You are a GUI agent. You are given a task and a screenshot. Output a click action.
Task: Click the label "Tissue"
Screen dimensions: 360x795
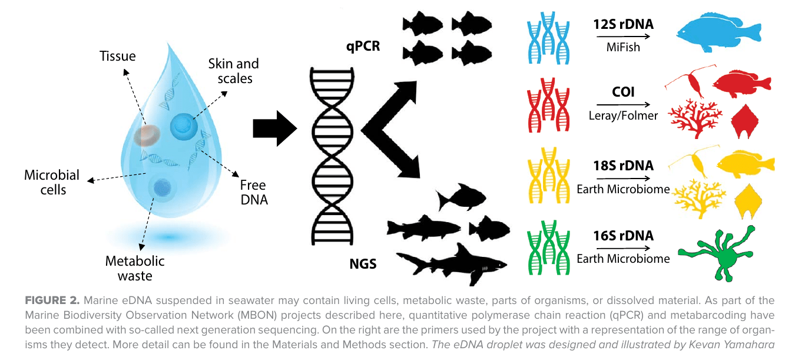tap(118, 57)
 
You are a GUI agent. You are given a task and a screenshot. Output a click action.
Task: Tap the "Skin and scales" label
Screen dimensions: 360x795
tap(234, 71)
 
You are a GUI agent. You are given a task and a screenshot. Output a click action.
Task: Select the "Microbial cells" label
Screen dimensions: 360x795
tap(52, 182)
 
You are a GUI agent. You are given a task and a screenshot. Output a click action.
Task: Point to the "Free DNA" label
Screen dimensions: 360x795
tap(254, 192)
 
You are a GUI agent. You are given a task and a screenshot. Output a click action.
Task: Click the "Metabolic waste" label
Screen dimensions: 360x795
tap(135, 268)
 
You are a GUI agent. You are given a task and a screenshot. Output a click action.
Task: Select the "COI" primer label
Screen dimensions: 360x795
tap(623, 92)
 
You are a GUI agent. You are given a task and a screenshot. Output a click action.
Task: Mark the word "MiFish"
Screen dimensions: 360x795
tap(623, 47)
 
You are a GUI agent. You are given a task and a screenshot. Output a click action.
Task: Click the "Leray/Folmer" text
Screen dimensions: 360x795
tap(623, 115)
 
